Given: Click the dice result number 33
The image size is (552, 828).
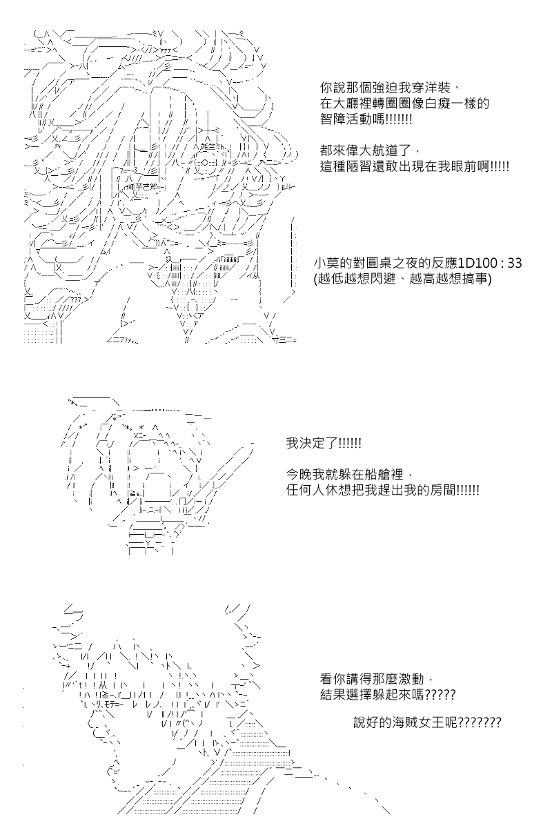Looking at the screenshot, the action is click(x=515, y=263).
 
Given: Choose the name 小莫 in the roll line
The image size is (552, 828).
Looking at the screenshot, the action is click(x=326, y=263).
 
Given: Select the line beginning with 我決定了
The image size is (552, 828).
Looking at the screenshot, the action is click(x=324, y=443).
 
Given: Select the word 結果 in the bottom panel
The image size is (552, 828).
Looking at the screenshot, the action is click(x=333, y=695).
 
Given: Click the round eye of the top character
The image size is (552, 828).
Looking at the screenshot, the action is click(x=204, y=161).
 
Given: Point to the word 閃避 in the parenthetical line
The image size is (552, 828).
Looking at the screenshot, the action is click(x=384, y=279).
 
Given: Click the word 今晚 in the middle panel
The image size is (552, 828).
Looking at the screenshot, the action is click(x=299, y=474).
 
